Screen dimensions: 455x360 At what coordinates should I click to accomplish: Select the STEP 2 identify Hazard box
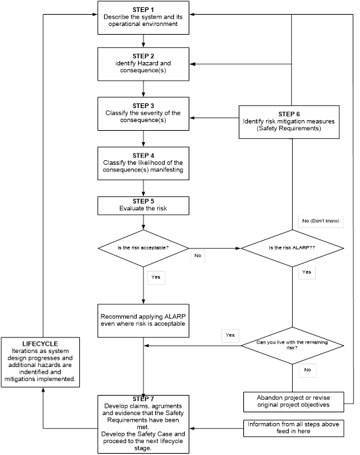pos(143,65)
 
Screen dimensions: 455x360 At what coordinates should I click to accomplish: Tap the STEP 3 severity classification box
pos(143,114)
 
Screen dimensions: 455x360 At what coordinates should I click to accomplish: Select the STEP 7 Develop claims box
pos(143,423)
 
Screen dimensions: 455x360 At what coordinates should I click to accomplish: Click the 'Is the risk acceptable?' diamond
pos(143,248)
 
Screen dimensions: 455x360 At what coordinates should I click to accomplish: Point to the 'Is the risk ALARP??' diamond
pos(292,248)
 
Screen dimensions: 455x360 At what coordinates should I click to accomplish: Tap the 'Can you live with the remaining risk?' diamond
pos(292,345)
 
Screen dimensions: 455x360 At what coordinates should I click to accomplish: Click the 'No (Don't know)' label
pos(323,221)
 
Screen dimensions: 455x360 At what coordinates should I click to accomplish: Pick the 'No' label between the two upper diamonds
pos(199,255)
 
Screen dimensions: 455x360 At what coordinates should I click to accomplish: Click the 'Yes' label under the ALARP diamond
pos(306,272)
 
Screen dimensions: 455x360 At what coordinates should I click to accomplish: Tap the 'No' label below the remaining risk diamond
pos(307,368)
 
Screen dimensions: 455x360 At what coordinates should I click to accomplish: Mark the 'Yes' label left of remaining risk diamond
pos(231,334)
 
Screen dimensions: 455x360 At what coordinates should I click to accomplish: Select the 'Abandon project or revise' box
pos(292,401)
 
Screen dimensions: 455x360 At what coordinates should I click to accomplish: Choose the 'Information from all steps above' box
pos(292,428)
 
